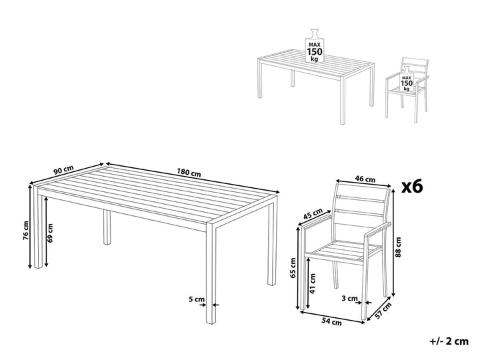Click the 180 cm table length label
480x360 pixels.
click(189, 173)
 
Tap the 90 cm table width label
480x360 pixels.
click(63, 170)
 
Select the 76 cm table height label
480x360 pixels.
click(26, 230)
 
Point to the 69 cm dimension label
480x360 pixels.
click(50, 233)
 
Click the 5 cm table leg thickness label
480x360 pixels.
click(196, 299)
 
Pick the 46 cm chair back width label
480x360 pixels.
click(365, 179)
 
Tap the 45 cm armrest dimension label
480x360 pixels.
click(313, 214)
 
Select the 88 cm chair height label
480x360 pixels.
click(397, 247)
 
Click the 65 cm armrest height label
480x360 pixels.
click(293, 267)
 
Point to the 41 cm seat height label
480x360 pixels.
click(313, 283)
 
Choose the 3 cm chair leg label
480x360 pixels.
click(349, 298)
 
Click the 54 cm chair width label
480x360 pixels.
click(331, 321)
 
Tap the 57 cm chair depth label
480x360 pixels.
click(383, 311)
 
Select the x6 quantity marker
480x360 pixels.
click(412, 187)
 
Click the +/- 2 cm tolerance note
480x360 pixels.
click(449, 341)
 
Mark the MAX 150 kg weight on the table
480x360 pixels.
click(315, 47)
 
